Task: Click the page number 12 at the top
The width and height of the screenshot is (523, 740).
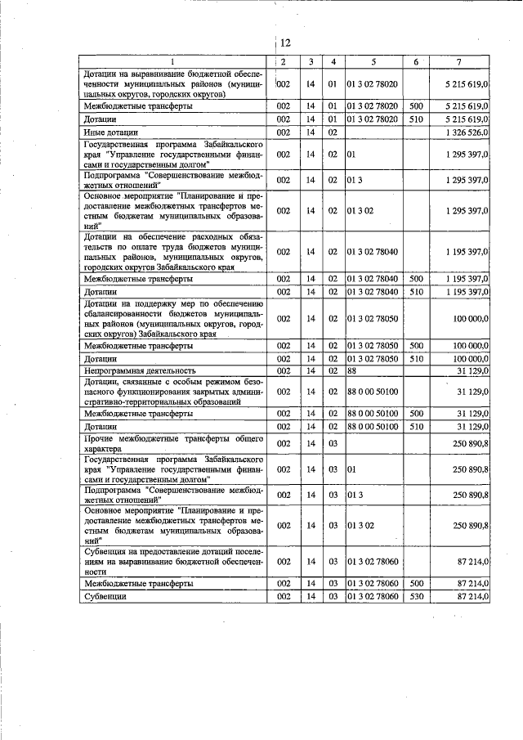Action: click(284, 43)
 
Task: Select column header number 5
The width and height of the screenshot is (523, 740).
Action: click(373, 63)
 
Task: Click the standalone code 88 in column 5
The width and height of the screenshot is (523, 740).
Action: click(353, 370)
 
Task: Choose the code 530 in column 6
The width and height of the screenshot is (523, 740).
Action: click(416, 598)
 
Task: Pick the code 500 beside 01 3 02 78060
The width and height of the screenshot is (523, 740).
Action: click(416, 585)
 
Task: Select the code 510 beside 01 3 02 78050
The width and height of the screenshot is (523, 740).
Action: click(416, 358)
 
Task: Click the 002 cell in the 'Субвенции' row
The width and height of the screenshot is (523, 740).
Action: click(284, 598)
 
